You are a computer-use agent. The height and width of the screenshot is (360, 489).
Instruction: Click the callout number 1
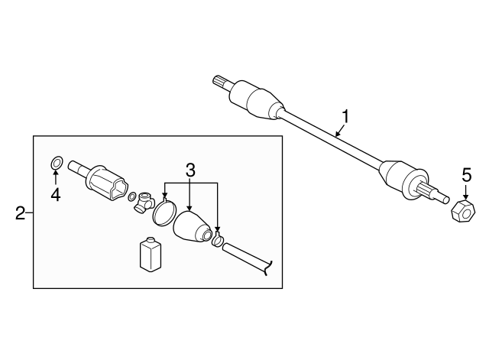(345, 117)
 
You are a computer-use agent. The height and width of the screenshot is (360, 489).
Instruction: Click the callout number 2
(21, 212)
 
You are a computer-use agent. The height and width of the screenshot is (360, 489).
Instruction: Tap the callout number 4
(55, 196)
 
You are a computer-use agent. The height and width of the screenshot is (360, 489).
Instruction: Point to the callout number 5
(466, 175)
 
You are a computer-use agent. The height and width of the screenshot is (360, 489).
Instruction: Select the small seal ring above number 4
(56, 163)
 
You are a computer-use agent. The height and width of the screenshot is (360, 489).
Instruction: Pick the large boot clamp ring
(163, 212)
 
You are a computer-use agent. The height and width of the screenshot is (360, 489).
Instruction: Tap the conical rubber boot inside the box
(193, 229)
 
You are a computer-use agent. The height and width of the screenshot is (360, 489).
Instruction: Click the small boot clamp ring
(218, 242)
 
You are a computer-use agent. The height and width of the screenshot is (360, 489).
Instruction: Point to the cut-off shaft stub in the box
(248, 257)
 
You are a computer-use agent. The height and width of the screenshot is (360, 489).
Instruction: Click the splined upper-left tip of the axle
(222, 81)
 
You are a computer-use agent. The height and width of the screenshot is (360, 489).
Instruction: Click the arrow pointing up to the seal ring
(56, 178)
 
